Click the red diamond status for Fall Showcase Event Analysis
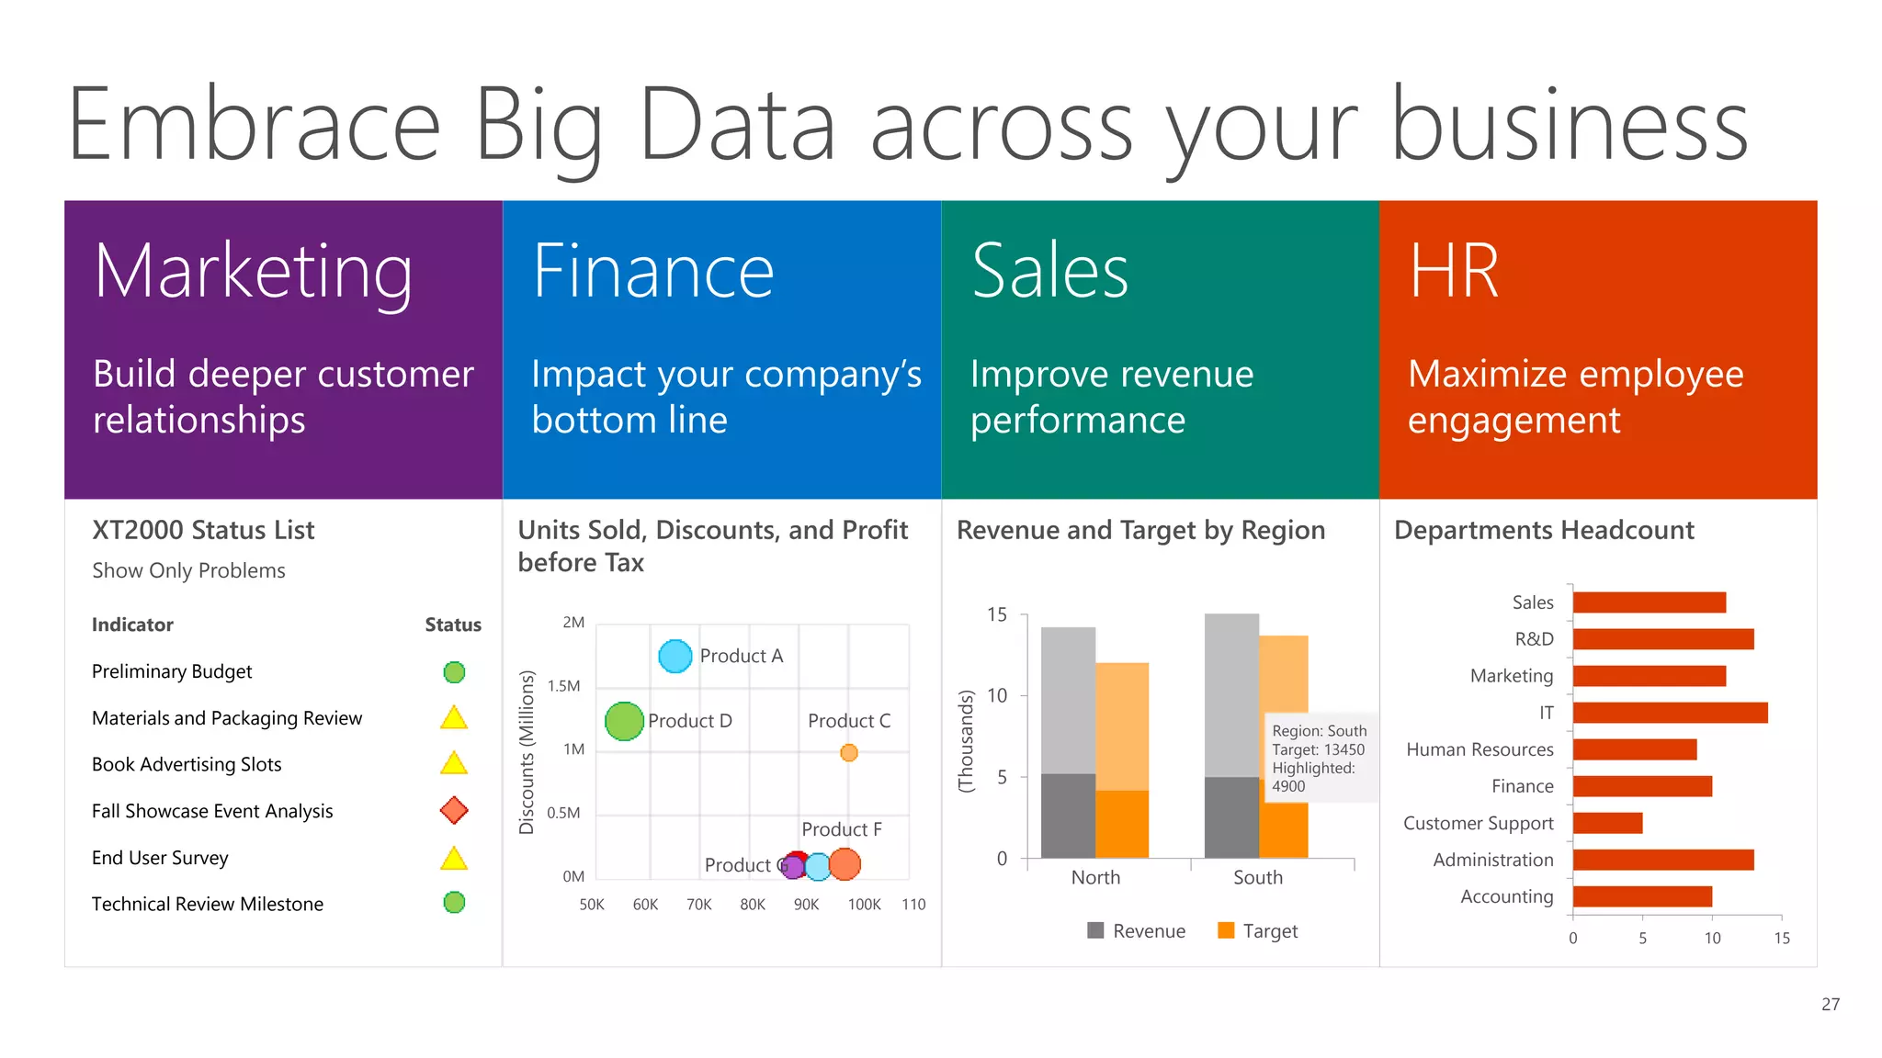454,810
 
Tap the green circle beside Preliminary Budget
454,672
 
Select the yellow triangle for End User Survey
454,859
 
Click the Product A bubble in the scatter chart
675,656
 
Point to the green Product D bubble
624,721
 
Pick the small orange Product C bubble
849,753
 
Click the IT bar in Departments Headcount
1670,713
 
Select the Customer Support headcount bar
1607,823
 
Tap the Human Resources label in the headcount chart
1480,749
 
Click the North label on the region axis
1095,877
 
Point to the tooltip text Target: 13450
1318,749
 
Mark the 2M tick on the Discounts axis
573,623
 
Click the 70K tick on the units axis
699,905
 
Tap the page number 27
1831,1005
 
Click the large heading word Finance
653,272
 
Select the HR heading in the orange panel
1454,272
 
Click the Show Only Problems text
188,570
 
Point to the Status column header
453,625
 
